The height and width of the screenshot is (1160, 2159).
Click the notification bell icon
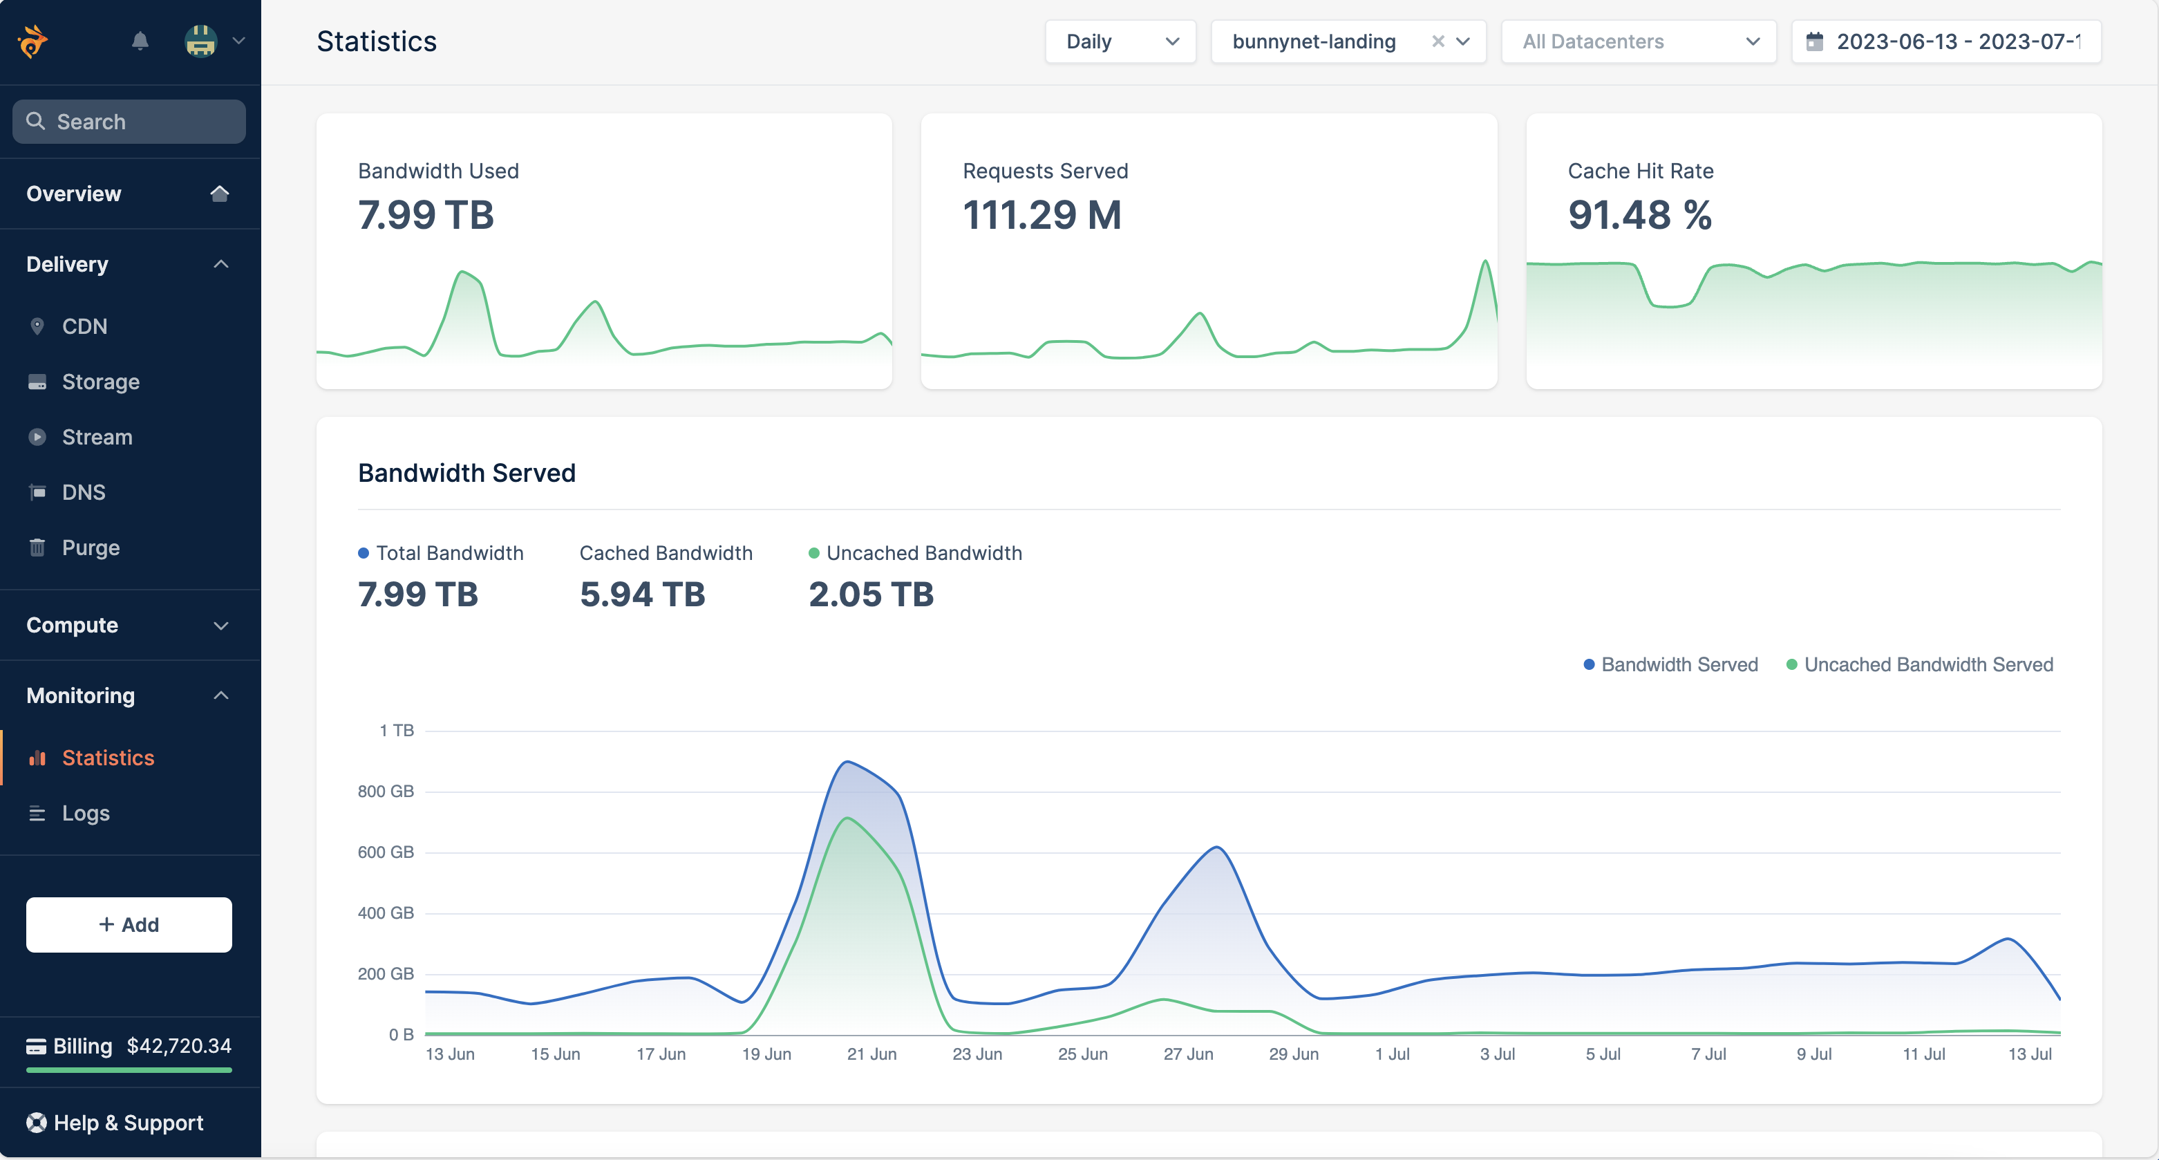[140, 41]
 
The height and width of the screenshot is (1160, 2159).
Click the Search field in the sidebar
[130, 122]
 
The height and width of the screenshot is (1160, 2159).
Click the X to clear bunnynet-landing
[1437, 41]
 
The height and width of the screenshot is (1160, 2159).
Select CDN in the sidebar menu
[84, 326]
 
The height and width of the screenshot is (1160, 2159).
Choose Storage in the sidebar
[101, 382]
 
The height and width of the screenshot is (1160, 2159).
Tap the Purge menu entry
[91, 548]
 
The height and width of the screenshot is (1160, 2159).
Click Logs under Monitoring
[86, 813]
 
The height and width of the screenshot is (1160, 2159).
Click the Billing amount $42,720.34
[180, 1045]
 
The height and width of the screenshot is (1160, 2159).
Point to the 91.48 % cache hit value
[1639, 214]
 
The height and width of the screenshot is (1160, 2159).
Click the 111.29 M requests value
[1041, 214]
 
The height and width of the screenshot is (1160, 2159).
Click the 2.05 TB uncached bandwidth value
[871, 595]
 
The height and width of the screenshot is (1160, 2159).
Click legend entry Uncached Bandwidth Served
[1927, 664]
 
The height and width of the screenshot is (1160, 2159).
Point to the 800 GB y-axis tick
[386, 792]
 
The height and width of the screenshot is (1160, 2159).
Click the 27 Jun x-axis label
[1187, 1054]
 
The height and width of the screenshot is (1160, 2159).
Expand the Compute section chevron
[221, 625]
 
